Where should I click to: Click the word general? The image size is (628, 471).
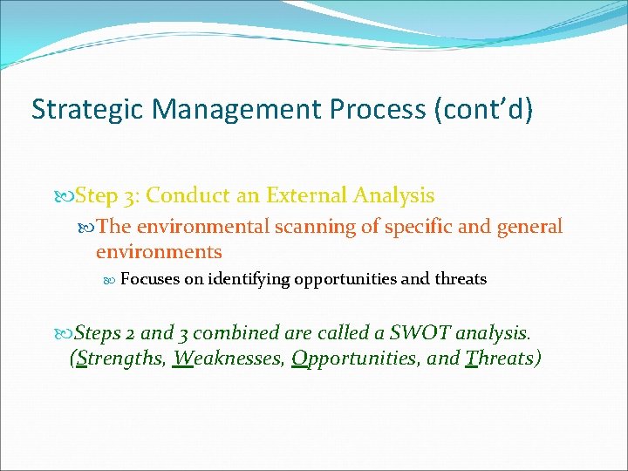[530, 227]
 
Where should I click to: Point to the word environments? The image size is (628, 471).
[159, 252]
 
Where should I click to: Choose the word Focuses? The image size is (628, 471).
[148, 279]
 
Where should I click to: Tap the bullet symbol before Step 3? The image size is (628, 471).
[65, 196]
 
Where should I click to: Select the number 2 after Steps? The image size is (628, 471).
[130, 332]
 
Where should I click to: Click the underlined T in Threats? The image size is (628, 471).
[472, 358]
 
